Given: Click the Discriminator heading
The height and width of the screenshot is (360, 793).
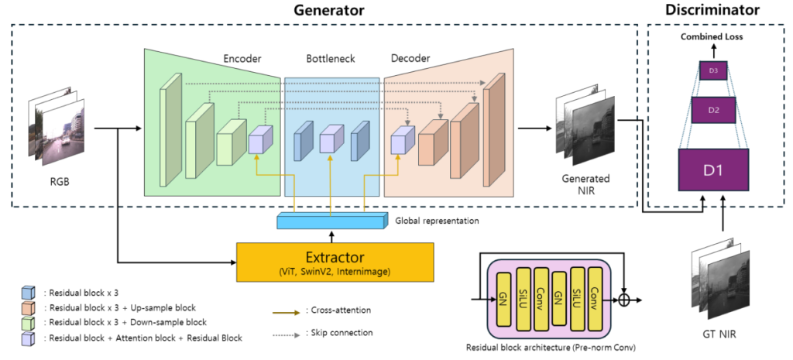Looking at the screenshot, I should click(x=713, y=10).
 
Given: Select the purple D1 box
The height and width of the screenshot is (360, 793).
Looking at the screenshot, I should click(x=713, y=168).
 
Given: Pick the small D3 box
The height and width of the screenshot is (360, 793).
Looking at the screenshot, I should click(x=713, y=72).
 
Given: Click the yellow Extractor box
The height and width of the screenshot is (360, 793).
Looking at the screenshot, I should click(x=335, y=259).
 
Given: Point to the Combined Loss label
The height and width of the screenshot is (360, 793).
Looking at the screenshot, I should click(x=713, y=36).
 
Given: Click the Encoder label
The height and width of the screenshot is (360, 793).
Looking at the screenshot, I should click(x=243, y=57).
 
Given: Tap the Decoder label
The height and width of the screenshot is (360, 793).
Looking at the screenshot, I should click(x=410, y=57).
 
